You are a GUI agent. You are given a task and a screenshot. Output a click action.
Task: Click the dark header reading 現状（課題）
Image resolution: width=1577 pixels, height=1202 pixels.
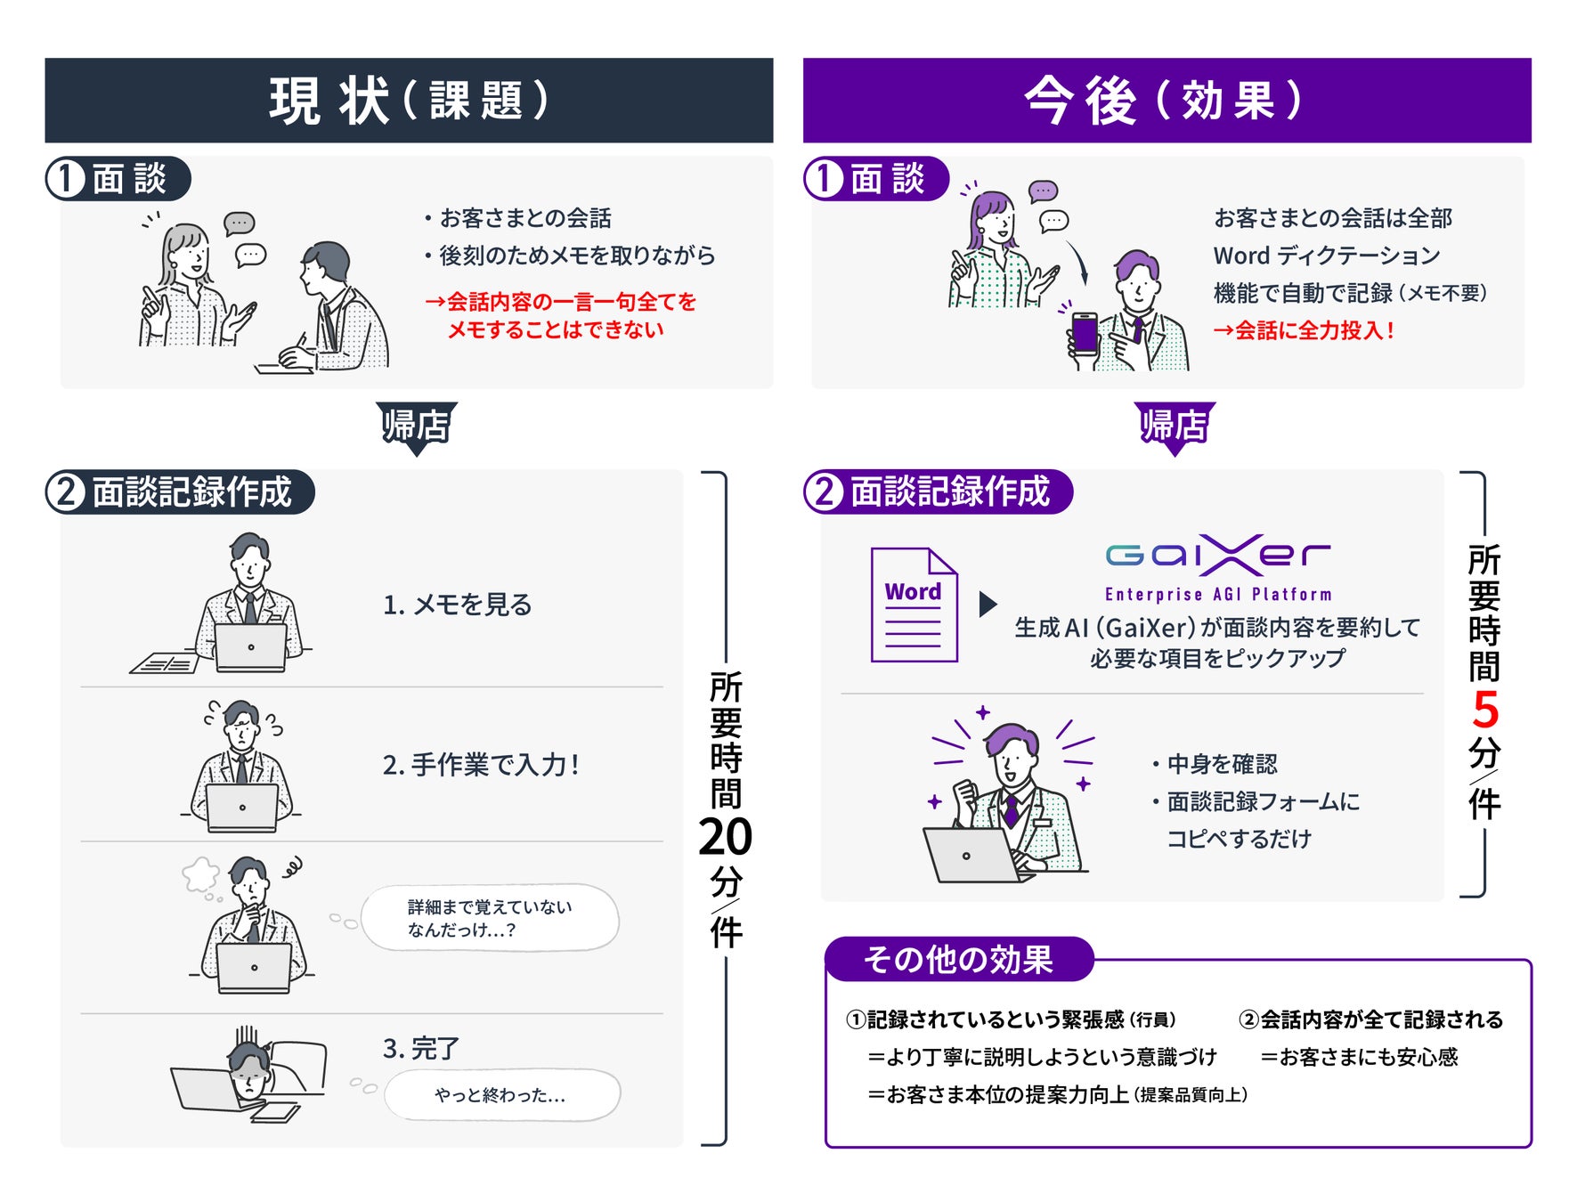[409, 101]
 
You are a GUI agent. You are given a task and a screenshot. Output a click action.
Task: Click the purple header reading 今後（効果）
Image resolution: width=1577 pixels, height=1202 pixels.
[1166, 101]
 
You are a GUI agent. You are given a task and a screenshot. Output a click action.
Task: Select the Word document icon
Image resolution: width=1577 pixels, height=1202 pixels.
[914, 605]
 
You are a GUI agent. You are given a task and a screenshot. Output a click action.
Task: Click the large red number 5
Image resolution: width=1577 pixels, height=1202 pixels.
[1484, 711]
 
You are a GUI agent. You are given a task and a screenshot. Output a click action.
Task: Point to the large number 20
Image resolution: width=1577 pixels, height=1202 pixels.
[725, 837]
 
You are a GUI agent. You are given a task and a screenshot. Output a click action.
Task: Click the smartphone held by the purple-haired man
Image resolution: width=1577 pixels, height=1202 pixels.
[1085, 334]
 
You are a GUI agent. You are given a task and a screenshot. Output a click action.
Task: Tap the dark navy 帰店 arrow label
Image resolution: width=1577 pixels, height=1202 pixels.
[416, 426]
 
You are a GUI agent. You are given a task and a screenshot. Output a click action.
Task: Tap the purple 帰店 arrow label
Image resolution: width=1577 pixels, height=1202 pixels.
[1174, 426]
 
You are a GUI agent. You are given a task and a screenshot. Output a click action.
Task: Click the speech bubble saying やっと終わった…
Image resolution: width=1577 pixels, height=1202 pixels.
[500, 1095]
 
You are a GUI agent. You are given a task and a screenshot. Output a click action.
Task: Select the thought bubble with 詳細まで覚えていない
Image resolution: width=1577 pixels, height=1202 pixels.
[490, 918]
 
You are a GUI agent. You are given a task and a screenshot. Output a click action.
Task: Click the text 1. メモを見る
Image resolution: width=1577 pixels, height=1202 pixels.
[457, 605]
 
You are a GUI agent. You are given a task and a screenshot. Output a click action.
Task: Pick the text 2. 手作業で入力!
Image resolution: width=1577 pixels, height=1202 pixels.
[481, 765]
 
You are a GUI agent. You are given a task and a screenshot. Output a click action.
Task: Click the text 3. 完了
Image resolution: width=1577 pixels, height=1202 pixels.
[420, 1049]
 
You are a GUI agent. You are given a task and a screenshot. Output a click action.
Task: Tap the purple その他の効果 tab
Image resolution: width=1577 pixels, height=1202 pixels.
[958, 960]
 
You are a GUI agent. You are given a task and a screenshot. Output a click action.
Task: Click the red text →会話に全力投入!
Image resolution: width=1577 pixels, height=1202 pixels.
[1304, 331]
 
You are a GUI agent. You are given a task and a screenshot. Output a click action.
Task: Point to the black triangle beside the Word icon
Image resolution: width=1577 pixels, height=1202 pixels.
[987, 605]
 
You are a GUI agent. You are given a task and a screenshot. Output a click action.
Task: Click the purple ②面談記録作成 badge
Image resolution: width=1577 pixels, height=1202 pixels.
[938, 491]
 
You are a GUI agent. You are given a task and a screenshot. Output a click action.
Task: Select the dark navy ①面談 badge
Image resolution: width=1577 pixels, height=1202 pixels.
[118, 179]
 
